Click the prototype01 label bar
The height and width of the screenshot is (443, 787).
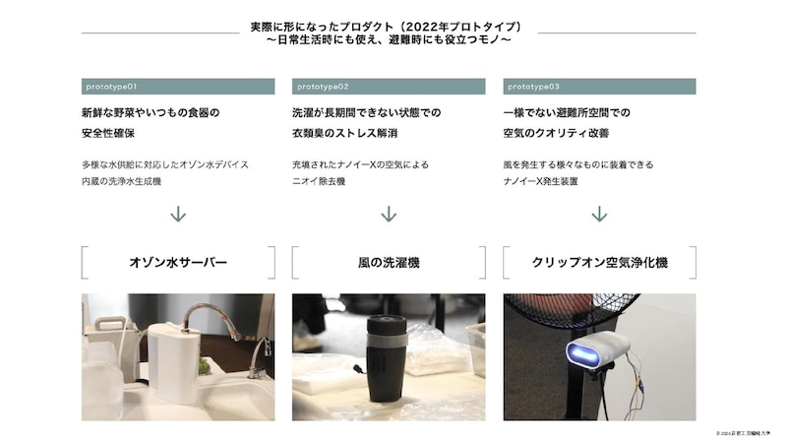click(178, 87)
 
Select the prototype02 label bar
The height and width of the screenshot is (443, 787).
click(389, 87)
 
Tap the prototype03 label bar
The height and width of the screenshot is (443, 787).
click(599, 87)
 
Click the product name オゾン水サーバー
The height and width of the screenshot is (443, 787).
click(178, 263)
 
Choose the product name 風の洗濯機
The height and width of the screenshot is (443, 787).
click(389, 263)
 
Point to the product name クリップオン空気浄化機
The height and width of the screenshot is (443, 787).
click(599, 263)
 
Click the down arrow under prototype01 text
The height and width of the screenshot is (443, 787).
click(178, 214)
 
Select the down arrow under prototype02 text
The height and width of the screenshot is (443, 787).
click(389, 214)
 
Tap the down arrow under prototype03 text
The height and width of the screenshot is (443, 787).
click(599, 214)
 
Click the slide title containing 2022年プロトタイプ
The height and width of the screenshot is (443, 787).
click(389, 26)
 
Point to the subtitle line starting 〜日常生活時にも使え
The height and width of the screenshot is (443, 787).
click(389, 40)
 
